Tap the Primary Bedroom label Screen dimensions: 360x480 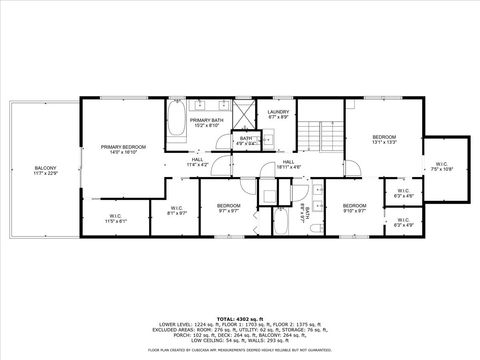(x=123, y=149)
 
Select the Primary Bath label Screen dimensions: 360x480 (x=205, y=123)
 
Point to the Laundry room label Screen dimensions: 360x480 (x=278, y=114)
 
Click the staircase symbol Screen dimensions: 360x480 (x=323, y=132)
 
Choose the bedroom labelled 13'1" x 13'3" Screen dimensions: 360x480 (x=385, y=139)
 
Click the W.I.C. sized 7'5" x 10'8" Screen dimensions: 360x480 (x=443, y=166)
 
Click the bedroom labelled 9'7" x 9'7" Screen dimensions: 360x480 (x=228, y=208)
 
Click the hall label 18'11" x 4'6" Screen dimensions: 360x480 (x=287, y=164)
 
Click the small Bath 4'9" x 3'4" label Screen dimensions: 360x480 (x=245, y=142)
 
